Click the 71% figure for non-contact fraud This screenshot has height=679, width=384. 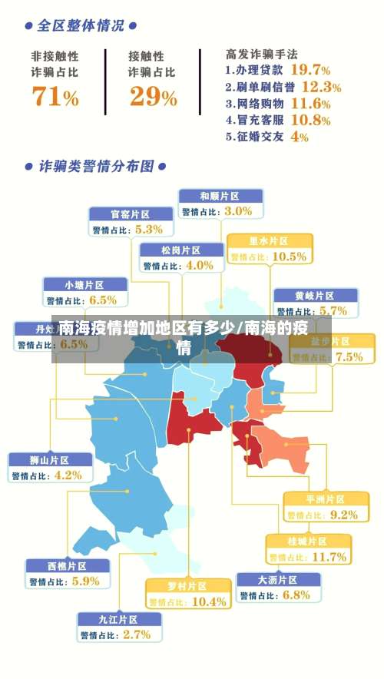click(55, 97)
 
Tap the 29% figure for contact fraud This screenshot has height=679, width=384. click(153, 97)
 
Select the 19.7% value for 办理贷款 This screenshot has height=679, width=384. click(305, 69)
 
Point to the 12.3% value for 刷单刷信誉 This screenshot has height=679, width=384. click(321, 87)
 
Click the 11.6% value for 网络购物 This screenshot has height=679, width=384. click(310, 104)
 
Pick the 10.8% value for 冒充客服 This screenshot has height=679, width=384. click(310, 121)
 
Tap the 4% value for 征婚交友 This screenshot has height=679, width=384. click(300, 137)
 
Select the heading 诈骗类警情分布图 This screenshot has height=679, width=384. click(95, 166)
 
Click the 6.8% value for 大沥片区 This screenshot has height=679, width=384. click(296, 595)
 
